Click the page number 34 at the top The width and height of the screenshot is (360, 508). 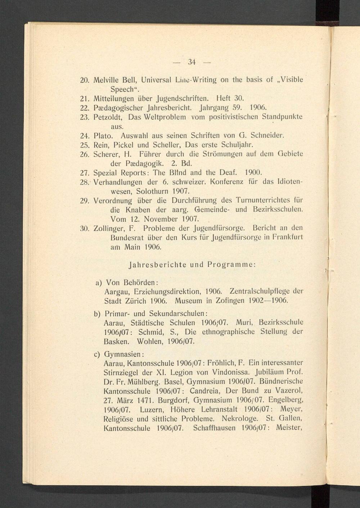click(192, 62)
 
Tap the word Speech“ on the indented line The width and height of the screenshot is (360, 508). click(125, 89)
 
